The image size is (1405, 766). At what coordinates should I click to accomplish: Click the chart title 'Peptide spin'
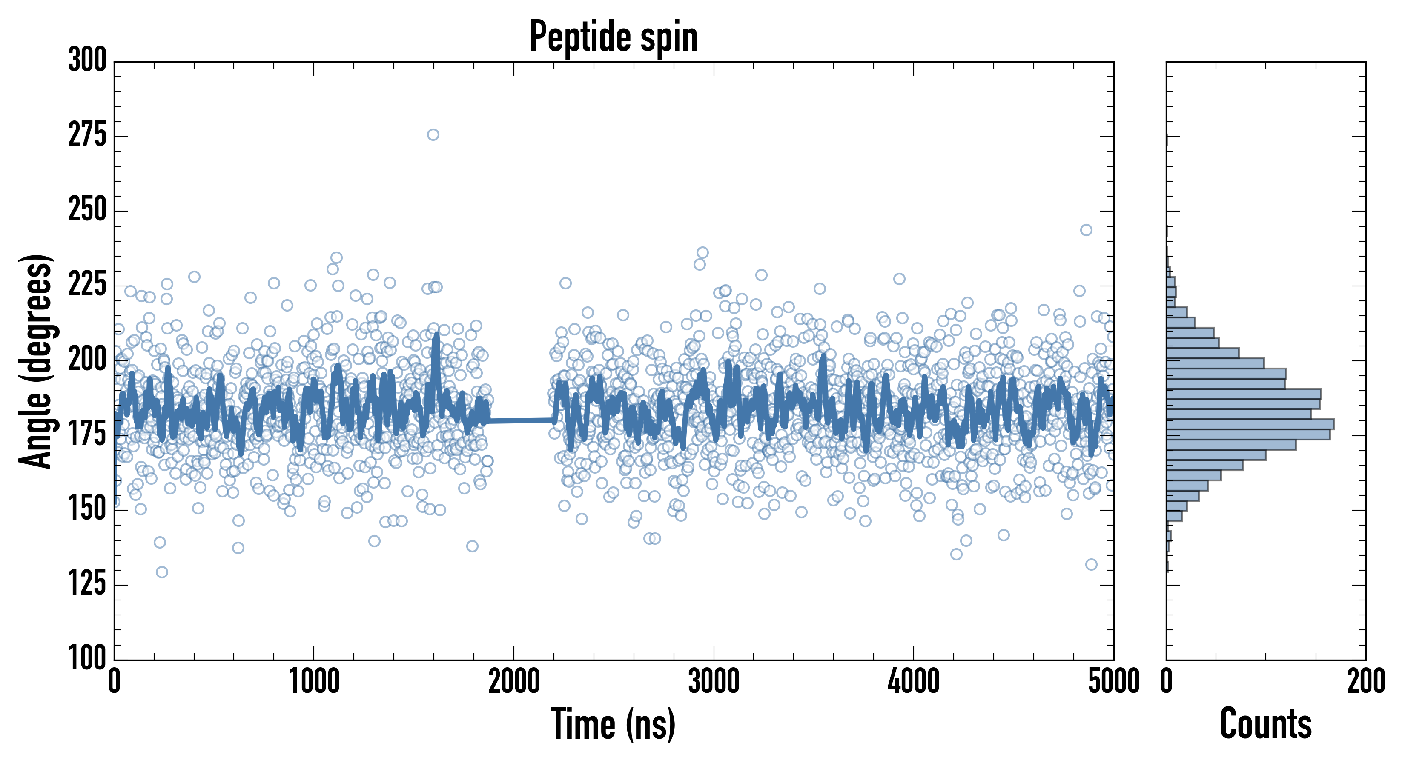point(614,37)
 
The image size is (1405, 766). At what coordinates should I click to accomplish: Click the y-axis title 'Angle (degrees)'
point(36,361)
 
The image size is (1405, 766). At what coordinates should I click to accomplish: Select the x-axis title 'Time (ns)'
point(614,724)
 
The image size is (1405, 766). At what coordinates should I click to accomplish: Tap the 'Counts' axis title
point(1265,724)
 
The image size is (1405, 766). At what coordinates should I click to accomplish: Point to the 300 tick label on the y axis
point(87,60)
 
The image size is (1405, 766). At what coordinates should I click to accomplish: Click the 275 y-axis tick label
point(87,135)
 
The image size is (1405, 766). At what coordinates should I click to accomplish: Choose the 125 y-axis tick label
point(87,584)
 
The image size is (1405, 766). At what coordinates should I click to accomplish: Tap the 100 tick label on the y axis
point(87,658)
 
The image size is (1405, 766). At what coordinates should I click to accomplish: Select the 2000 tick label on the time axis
point(514,681)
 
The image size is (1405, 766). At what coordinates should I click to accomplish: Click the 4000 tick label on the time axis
point(914,681)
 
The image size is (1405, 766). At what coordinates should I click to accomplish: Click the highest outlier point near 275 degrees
point(433,134)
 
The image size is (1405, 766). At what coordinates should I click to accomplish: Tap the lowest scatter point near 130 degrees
point(162,572)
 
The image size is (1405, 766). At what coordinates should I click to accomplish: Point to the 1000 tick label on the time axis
point(314,681)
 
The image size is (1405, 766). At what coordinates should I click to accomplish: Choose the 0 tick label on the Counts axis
point(1167,681)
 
